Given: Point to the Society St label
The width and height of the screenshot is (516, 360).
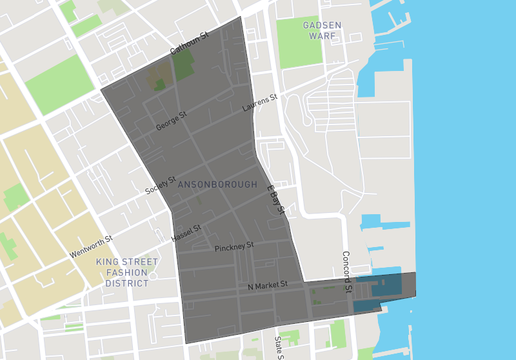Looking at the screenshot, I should tap(159, 185).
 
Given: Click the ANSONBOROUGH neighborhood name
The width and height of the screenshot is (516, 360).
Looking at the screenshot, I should tap(216, 185).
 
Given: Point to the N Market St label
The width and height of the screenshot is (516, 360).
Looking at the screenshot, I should tap(267, 286).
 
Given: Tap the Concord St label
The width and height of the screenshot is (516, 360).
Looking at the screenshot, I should tap(348, 271).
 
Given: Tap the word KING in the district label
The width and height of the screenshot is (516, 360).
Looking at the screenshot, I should tap(108, 262).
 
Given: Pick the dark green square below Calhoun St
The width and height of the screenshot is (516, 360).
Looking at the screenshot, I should tap(183, 66).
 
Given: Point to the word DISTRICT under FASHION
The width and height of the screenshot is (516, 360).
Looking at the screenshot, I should tap(127, 283).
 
